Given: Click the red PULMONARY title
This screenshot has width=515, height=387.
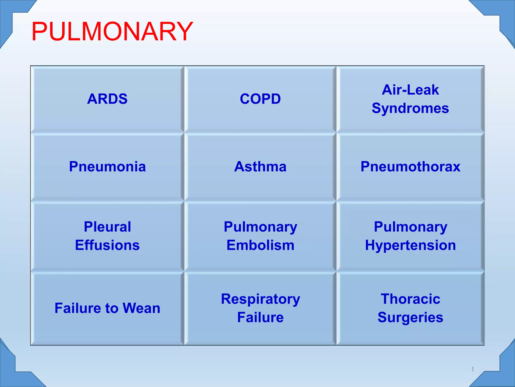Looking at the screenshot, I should coord(112,32).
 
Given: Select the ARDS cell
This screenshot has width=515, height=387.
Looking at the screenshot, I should coord(107,99).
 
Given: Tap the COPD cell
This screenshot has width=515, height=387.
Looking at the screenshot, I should coord(260,99).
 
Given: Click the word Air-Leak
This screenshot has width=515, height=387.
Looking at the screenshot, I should coord(410,90).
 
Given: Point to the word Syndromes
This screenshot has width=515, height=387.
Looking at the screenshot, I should coord(410,108).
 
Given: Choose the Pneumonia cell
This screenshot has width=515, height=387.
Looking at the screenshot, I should coord(107,167).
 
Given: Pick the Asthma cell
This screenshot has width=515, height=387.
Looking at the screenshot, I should coord(260,167).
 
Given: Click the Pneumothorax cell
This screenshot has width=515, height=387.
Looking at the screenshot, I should coord(410,167).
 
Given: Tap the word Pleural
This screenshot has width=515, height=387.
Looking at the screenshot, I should coord(107,227).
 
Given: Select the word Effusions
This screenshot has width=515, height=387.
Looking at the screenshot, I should coord(107,245).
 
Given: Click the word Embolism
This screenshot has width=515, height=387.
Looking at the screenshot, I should coord(260,245).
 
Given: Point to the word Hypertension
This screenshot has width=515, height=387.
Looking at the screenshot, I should coord(410,245).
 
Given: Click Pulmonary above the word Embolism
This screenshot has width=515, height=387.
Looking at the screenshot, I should coord(260,227).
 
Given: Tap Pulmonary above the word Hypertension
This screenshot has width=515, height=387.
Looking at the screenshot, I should coord(410,227).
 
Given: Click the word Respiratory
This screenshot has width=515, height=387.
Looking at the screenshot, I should coord(260,299).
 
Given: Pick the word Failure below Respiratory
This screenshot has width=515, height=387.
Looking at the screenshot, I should coord(260,317).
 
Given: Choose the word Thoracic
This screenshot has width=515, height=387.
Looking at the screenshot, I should coord(410,299).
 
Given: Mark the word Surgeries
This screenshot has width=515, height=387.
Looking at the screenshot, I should coord(410,317).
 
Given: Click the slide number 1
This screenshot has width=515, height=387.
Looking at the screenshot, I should coord(473,369).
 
